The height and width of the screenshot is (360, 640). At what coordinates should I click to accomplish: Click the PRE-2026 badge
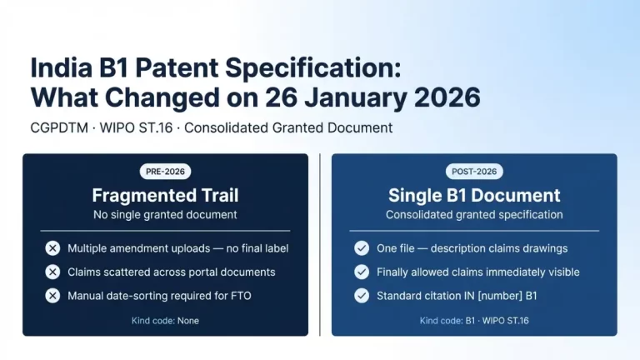pos(165,172)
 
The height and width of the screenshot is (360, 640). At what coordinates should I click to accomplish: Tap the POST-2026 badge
pos(474,172)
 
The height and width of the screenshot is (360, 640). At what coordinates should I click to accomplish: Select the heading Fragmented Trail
pos(165,195)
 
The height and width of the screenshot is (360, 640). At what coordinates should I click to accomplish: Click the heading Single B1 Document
pos(474,195)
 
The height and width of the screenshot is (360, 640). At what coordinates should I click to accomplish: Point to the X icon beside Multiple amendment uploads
pos(52,248)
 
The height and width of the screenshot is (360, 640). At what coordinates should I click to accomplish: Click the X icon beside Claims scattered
pos(52,272)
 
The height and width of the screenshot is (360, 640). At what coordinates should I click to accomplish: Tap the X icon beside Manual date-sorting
pos(52,295)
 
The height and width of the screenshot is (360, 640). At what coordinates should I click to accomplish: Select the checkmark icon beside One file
pos(362,248)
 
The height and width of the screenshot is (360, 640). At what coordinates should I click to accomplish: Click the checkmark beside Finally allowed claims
pos(362,272)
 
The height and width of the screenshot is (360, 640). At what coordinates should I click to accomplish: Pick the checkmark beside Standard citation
pos(362,295)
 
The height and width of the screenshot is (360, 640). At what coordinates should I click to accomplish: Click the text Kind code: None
pos(165,321)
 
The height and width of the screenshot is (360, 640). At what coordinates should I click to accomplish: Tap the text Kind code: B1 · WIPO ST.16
pos(474,321)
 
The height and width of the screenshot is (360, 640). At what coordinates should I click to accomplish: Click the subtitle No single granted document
pos(165,215)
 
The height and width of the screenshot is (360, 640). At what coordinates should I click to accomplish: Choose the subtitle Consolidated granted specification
pos(474,215)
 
